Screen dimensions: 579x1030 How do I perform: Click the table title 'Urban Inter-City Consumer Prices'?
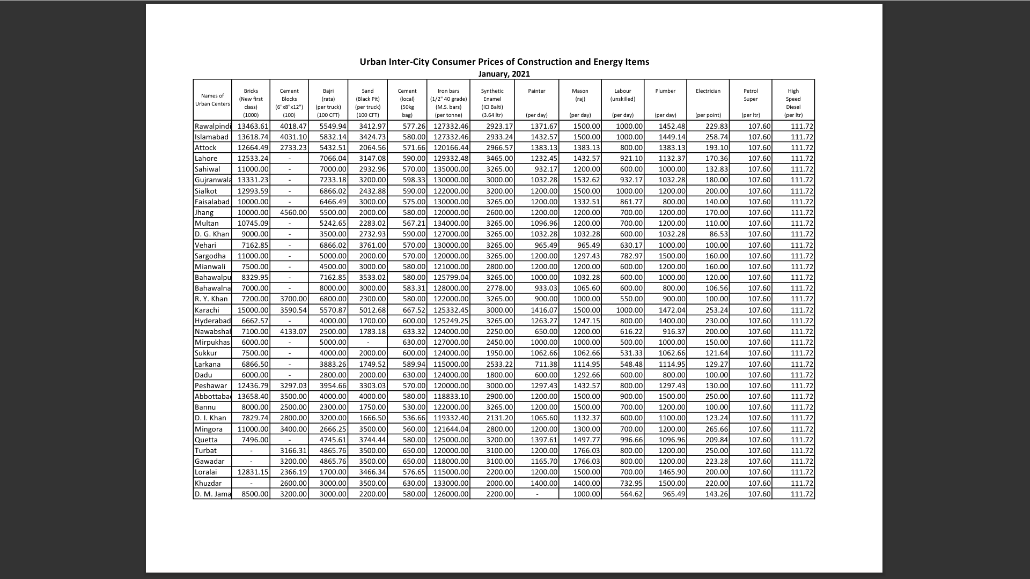[x=504, y=62]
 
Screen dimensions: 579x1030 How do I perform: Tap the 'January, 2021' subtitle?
[x=504, y=74]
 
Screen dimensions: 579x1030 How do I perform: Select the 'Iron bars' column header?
[x=448, y=91]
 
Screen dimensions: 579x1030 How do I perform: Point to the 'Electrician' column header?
[x=708, y=91]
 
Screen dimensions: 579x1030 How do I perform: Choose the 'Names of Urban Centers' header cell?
[x=212, y=100]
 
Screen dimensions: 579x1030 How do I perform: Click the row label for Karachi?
[x=207, y=310]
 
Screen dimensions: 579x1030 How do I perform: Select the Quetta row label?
[x=206, y=440]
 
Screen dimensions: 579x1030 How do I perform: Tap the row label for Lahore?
[x=206, y=159]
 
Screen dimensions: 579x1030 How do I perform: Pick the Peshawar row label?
[x=211, y=385]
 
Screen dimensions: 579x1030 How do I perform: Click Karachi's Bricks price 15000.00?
[x=253, y=310]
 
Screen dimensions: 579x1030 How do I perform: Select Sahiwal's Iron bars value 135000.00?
[x=451, y=169]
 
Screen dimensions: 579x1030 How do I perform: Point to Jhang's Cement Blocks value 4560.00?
[x=293, y=213]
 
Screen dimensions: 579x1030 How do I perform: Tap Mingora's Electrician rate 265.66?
[x=716, y=429]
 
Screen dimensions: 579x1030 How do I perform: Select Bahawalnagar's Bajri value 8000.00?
[x=333, y=288]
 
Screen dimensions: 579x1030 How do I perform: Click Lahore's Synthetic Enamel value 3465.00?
[x=499, y=159]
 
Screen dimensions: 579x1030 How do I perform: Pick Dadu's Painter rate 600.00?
[x=546, y=375]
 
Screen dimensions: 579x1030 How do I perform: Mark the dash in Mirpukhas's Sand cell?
[x=367, y=343]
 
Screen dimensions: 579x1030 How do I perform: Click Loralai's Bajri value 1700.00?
[x=333, y=472]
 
